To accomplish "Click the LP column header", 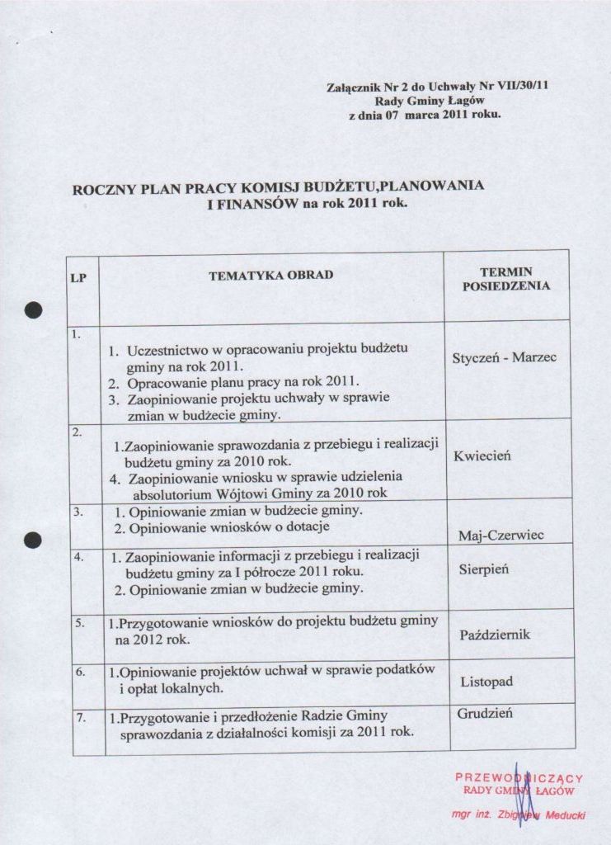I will coord(78,278).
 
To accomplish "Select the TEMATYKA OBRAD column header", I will coord(271,275).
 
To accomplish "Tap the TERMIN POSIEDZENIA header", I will coord(506,279).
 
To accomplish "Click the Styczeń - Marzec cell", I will coord(505,357).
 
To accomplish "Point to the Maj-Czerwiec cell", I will coord(501,536).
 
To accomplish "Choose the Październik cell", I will coord(494,635).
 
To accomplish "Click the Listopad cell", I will coord(486,682).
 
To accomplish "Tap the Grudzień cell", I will coord(485,713).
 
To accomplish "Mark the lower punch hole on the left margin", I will coord(32,540).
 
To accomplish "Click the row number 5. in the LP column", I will coord(80,623).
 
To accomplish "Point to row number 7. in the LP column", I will coord(81,718).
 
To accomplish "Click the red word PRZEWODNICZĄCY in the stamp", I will coord(519,777).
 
